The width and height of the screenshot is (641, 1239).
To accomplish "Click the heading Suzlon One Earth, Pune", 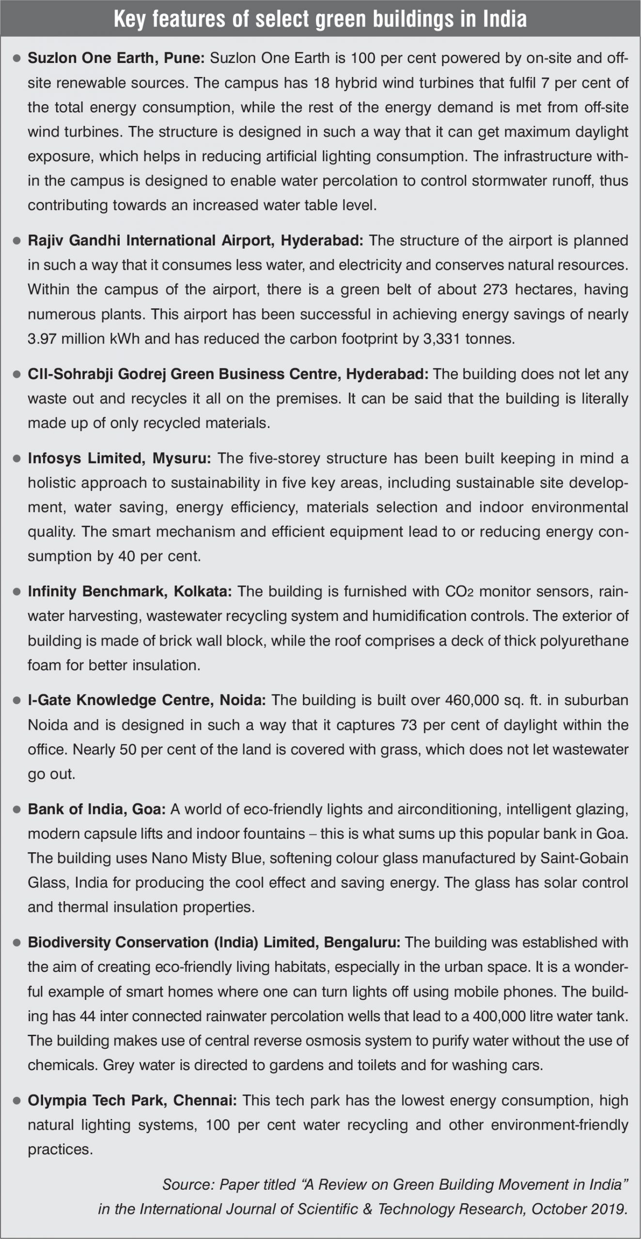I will pyautogui.click(x=116, y=58).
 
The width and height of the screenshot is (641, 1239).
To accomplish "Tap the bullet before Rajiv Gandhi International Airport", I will pyautogui.click(x=16, y=241).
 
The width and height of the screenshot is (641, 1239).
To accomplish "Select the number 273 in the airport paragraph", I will pyautogui.click(x=495, y=289).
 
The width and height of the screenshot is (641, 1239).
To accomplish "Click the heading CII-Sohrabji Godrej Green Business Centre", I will pyautogui.click(x=228, y=374).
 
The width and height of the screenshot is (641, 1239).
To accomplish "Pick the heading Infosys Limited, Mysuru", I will pyautogui.click(x=119, y=458).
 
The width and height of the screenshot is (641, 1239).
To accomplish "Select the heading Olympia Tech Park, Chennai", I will pyautogui.click(x=132, y=1101).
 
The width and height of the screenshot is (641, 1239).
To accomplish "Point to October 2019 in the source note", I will pyautogui.click(x=578, y=1209).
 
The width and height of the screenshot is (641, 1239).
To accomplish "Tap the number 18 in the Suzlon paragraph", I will pyautogui.click(x=320, y=83).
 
